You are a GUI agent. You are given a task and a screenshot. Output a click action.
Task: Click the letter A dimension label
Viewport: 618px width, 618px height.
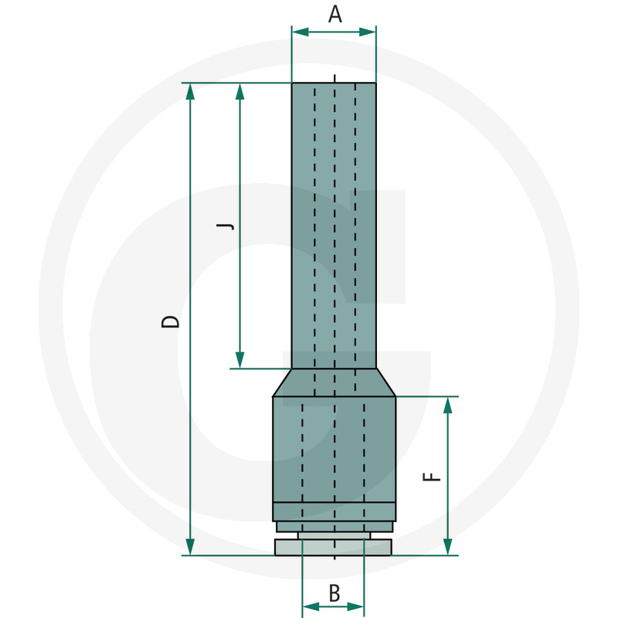(x=334, y=14)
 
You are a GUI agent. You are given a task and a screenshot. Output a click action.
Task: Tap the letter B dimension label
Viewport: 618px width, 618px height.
(x=334, y=593)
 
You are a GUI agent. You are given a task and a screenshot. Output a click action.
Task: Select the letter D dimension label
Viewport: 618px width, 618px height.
(x=171, y=321)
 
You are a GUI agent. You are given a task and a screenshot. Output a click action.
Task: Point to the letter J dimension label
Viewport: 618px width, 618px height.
(x=224, y=226)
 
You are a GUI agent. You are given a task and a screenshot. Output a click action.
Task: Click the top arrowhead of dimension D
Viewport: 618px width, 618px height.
(x=190, y=91)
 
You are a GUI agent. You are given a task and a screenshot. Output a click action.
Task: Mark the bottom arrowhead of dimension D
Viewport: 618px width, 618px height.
(x=190, y=547)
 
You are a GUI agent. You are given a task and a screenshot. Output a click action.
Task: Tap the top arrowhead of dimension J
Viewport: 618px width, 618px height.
(x=239, y=91)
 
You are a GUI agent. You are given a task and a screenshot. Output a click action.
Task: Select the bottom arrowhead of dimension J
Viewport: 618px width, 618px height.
(x=239, y=361)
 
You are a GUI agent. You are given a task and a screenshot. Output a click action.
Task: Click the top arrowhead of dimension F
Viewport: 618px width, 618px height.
(x=447, y=405)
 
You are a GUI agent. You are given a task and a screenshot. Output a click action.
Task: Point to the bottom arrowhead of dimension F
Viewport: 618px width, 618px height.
(x=447, y=547)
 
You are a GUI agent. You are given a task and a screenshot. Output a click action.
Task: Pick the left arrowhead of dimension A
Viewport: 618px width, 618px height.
(x=300, y=32)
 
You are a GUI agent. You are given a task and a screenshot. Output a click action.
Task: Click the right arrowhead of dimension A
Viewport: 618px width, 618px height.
(x=368, y=32)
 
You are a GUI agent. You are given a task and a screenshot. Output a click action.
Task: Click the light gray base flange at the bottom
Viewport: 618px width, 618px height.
(x=334, y=547)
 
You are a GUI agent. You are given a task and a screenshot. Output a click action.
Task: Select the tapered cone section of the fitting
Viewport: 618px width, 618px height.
(x=334, y=382)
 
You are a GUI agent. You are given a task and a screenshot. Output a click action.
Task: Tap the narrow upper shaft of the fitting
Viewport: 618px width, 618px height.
(x=334, y=224)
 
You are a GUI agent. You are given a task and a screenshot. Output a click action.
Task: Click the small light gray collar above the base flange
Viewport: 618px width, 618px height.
(x=334, y=535)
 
